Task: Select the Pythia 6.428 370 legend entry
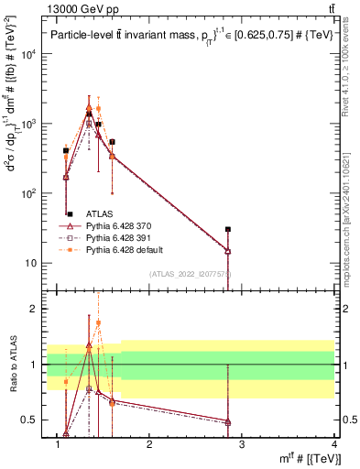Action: (x=119, y=224)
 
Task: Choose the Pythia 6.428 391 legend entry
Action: (x=119, y=236)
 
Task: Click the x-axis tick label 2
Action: (x=150, y=445)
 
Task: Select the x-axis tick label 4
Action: (x=334, y=445)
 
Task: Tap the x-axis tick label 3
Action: (x=243, y=445)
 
